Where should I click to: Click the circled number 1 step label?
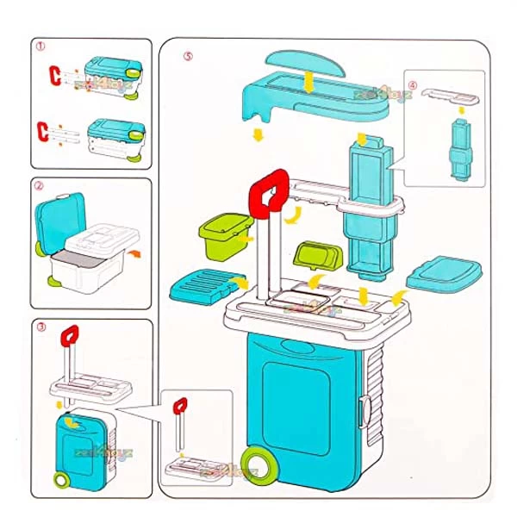[40, 51]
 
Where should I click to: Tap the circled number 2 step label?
[40, 184]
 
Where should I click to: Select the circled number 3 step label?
[40, 327]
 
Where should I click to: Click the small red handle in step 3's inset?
[180, 404]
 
